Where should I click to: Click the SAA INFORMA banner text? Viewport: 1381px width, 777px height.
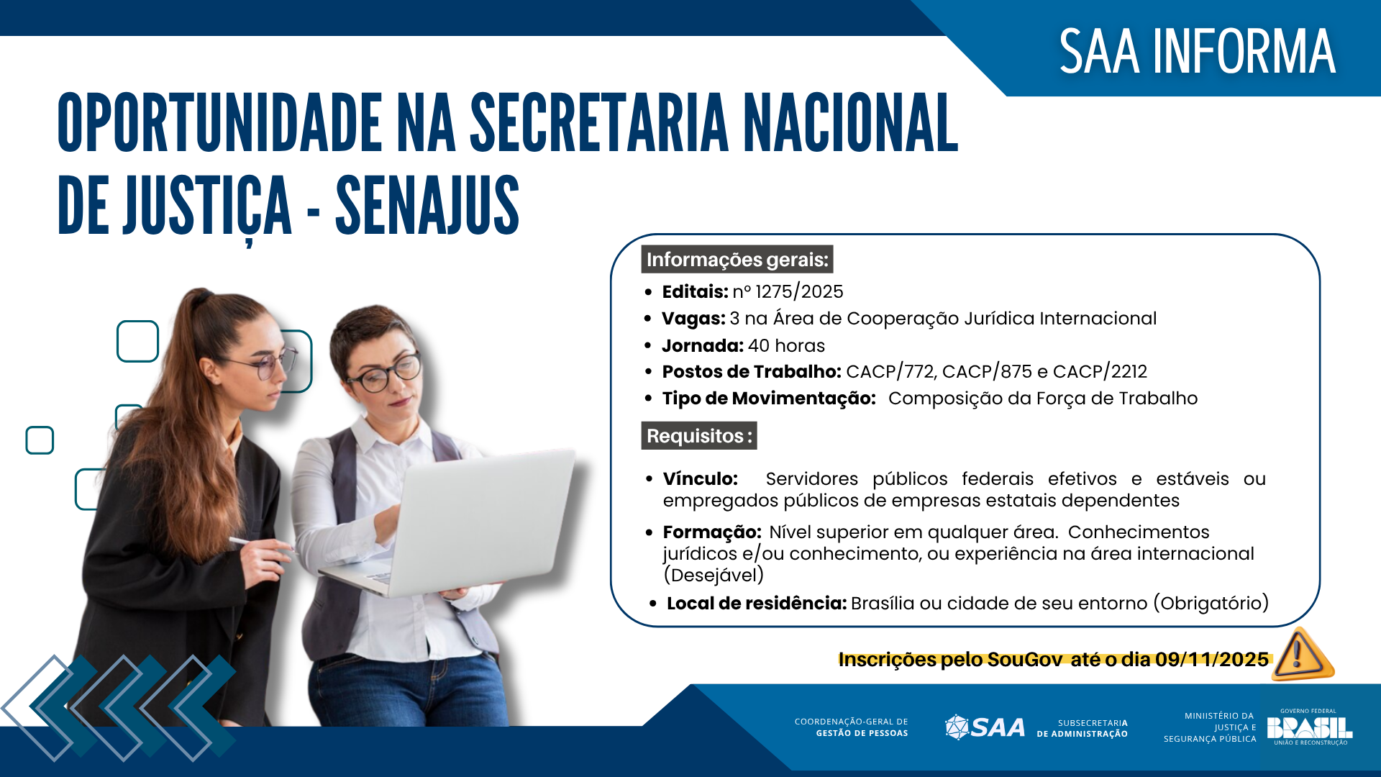coord(1197,52)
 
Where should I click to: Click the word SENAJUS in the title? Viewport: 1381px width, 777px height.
coord(427,206)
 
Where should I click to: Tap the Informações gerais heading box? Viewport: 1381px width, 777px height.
coord(737,260)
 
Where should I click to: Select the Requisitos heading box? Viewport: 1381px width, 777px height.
coord(698,436)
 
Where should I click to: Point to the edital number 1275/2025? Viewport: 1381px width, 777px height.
coord(799,291)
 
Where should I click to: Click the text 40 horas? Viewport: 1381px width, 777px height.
coord(786,345)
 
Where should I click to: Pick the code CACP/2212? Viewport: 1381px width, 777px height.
coord(1100,371)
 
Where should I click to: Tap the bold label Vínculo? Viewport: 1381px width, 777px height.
coord(700,478)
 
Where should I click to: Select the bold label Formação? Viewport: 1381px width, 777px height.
coord(711,532)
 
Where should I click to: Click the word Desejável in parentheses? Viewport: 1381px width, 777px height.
coord(714,575)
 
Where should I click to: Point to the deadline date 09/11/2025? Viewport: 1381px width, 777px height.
coord(1212,659)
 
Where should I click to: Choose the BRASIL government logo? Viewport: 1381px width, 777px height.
coord(1309,727)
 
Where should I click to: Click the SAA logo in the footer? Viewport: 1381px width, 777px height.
coord(985,727)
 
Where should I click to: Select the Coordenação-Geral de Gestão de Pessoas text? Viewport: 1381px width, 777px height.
coord(851,727)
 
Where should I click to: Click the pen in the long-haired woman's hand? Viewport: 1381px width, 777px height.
coord(248,543)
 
